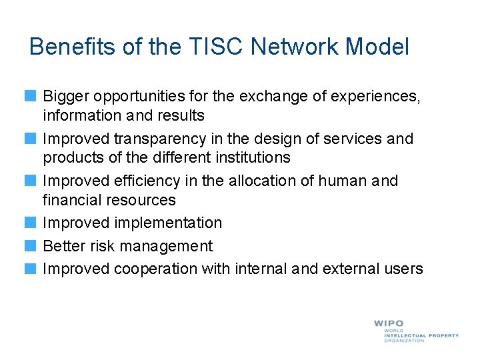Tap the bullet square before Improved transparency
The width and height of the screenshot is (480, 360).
click(31, 139)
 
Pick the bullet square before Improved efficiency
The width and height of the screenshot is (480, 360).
click(31, 181)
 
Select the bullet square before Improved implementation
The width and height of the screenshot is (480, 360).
click(31, 223)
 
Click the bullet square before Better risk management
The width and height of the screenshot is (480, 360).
click(31, 247)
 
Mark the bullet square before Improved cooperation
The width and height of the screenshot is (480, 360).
click(31, 269)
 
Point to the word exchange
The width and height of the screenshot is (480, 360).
click(282, 97)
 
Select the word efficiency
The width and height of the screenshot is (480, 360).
click(146, 181)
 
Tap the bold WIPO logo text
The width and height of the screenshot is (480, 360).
click(389, 323)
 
